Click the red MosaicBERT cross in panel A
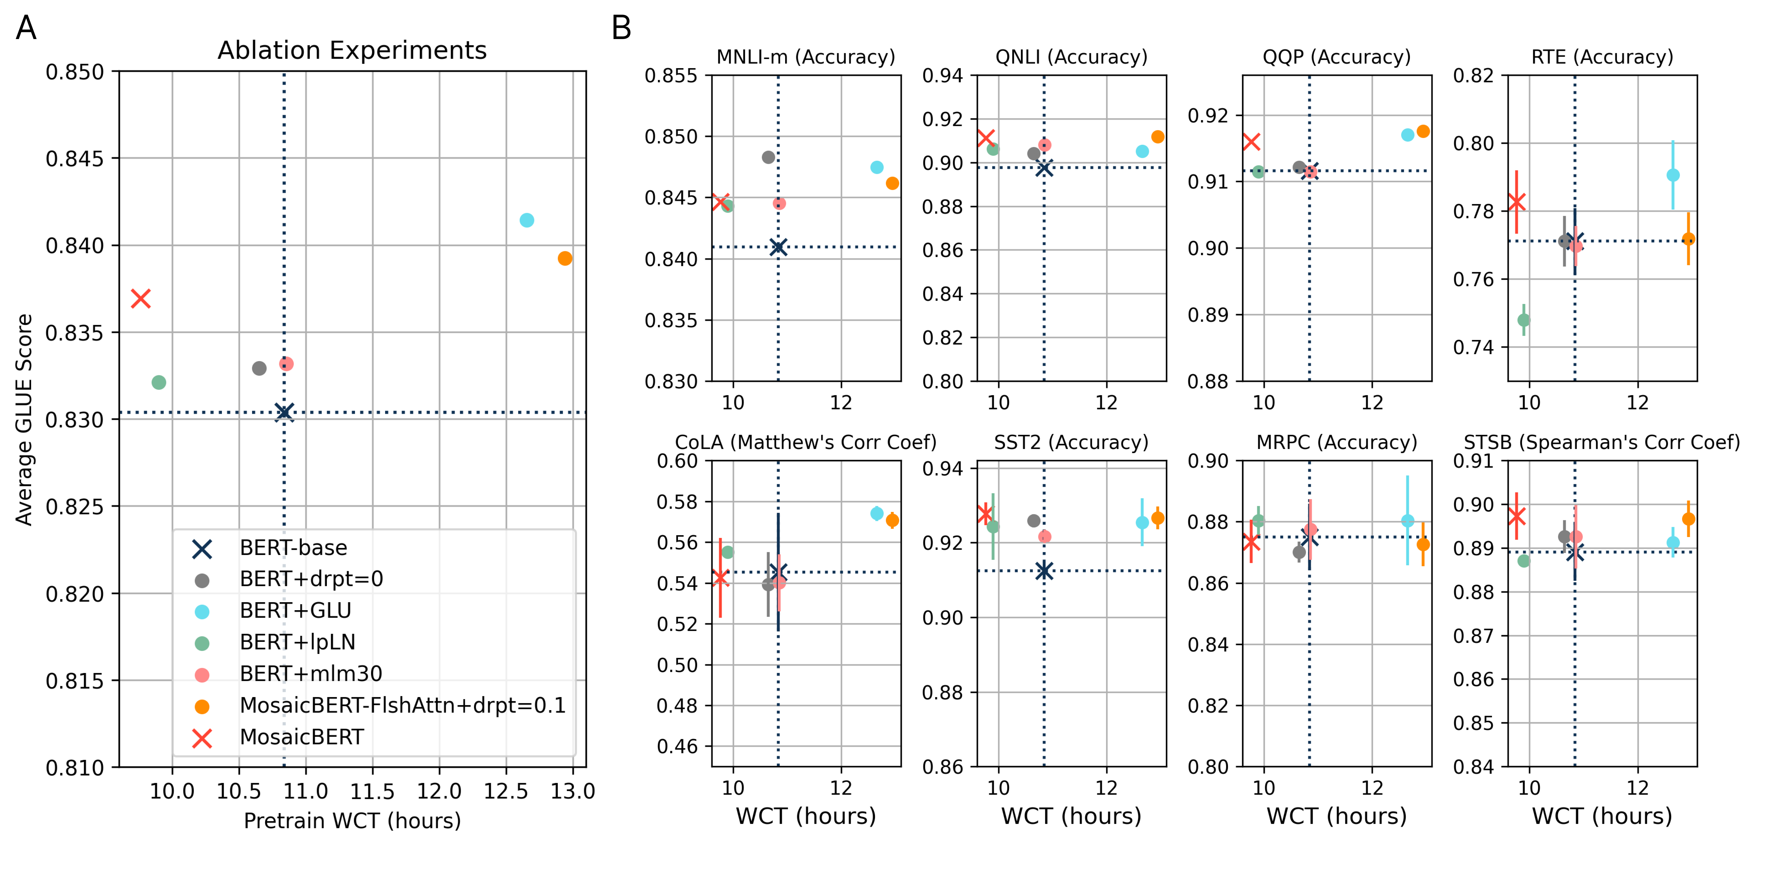tap(141, 299)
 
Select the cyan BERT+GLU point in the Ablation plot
tap(527, 220)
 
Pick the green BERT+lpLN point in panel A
tap(158, 382)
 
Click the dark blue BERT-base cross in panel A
tap(284, 412)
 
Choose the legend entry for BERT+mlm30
tap(310, 674)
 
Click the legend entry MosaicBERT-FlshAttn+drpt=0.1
tap(402, 705)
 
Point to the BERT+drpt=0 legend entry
tap(311, 579)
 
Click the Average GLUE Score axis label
tap(24, 419)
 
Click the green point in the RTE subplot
tap(1524, 320)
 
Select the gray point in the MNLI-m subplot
tap(768, 157)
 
